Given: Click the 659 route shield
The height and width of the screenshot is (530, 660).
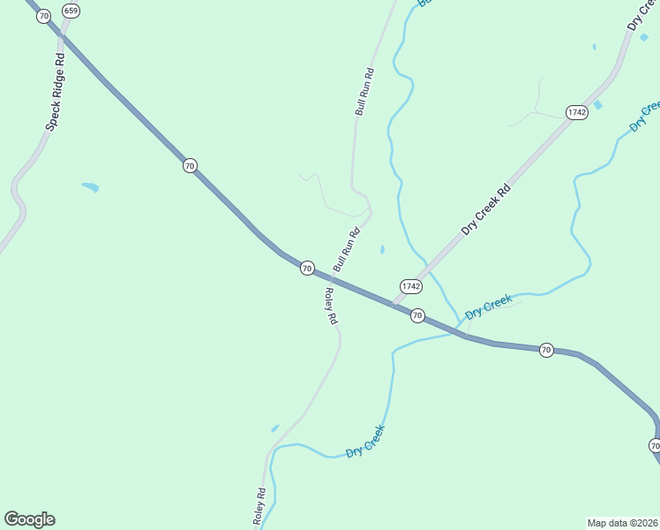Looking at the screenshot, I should pyautogui.click(x=71, y=11).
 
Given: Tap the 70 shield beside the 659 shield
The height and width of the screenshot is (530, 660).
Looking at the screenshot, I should pyautogui.click(x=43, y=16).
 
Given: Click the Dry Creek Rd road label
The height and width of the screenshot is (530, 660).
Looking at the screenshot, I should pyautogui.click(x=486, y=209).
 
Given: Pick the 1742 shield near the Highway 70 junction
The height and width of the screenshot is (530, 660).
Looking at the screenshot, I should pyautogui.click(x=410, y=286).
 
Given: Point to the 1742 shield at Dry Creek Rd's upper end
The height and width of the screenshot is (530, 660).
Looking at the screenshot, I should pyautogui.click(x=576, y=112).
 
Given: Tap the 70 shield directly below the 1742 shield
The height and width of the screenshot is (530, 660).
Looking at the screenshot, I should pyautogui.click(x=417, y=315).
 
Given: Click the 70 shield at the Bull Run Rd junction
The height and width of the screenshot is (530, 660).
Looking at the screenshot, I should pyautogui.click(x=306, y=268).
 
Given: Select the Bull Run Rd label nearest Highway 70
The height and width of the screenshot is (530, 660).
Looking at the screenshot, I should pyautogui.click(x=346, y=251).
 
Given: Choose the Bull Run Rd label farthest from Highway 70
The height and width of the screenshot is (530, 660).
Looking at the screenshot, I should pyautogui.click(x=364, y=92).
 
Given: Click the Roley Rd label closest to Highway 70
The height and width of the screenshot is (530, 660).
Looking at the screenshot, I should pyautogui.click(x=330, y=307).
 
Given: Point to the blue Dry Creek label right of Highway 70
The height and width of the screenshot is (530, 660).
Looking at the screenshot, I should pyautogui.click(x=489, y=307).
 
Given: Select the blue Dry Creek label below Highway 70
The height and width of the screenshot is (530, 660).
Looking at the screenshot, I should pyautogui.click(x=365, y=440).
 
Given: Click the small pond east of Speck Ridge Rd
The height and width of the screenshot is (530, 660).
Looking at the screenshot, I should pyautogui.click(x=90, y=187).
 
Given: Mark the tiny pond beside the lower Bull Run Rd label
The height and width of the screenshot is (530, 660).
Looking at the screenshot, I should pyautogui.click(x=382, y=250).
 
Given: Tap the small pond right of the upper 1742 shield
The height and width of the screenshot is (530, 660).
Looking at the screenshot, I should pyautogui.click(x=598, y=105).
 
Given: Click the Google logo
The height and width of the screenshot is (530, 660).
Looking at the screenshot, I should pyautogui.click(x=29, y=519).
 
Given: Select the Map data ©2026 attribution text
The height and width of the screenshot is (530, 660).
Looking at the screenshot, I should pyautogui.click(x=623, y=523).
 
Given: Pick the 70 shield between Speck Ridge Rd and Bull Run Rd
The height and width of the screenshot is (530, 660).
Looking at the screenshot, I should pyautogui.click(x=190, y=165).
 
